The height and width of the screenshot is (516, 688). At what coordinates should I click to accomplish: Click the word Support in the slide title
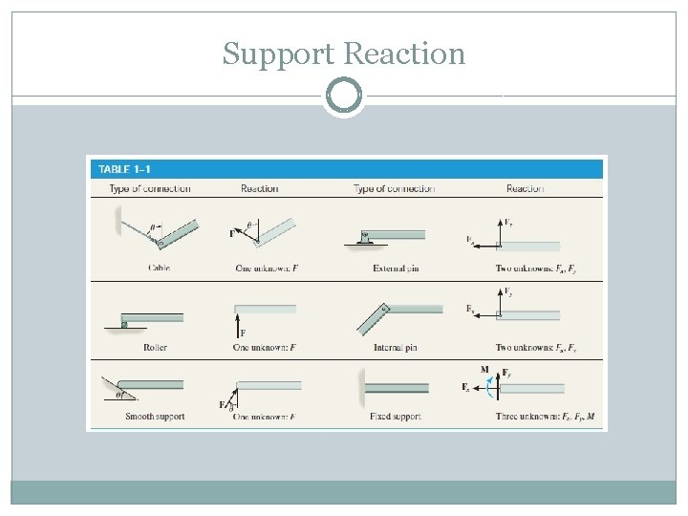pos(278,54)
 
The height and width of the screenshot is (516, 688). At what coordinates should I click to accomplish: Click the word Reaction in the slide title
pos(404,54)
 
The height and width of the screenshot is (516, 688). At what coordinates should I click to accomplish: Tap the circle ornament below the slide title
pos(344,96)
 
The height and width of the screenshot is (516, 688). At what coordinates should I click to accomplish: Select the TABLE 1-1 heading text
pos(124,169)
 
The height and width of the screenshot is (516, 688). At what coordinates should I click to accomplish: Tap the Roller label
pos(155,347)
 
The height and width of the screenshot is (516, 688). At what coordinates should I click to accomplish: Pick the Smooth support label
pos(155,417)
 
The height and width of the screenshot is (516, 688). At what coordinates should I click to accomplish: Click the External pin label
pos(396,269)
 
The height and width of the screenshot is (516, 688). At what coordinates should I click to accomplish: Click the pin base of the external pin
pos(364,241)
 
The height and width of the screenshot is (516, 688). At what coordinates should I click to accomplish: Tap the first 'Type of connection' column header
pos(149,188)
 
